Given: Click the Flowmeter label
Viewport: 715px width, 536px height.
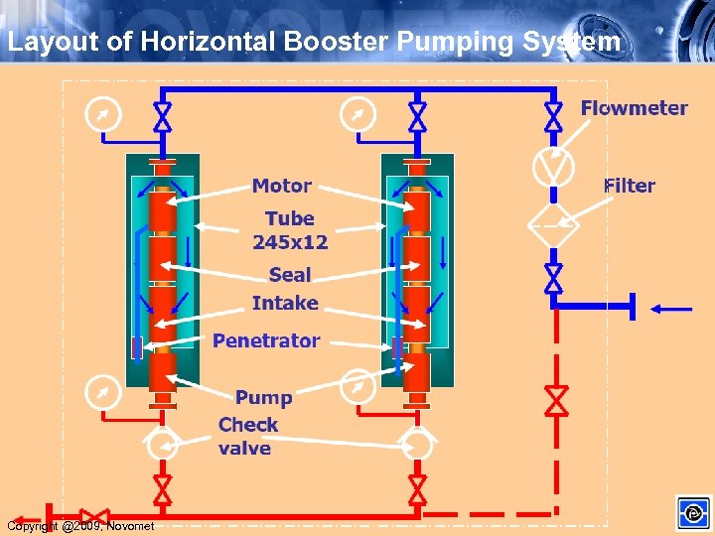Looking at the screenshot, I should coord(634,108).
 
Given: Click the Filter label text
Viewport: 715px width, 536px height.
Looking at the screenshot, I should coord(630,186).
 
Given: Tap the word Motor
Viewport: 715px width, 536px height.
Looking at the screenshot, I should coord(281,186).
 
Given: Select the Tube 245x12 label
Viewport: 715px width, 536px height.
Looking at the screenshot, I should coord(290,229).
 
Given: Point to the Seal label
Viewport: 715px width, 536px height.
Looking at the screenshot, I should coord(290,275).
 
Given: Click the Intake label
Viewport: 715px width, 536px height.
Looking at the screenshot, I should coord(285,303).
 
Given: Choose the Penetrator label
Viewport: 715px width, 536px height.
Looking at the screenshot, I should coord(266,340).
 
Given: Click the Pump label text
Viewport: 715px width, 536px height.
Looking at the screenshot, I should coord(263,397).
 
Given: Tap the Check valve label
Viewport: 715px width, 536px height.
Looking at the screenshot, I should coord(247,436).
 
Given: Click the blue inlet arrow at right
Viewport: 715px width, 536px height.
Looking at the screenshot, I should coord(671,309).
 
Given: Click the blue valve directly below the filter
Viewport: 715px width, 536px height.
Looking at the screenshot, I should coord(554,279).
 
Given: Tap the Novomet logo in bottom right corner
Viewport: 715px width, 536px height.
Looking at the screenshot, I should coord(693,513).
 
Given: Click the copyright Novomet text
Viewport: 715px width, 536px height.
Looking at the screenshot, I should coord(80,526).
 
